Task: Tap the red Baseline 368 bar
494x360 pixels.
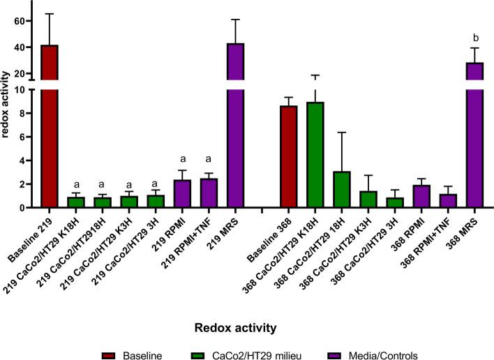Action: [288, 157]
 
